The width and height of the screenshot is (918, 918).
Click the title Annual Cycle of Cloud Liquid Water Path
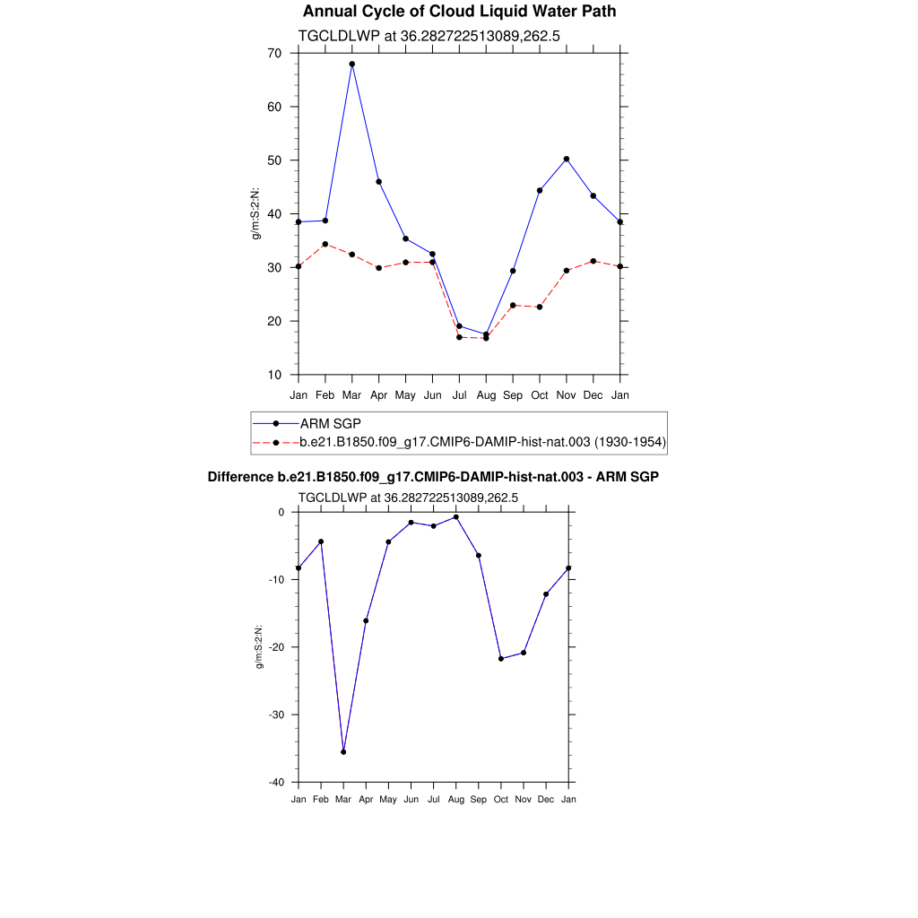(x=459, y=12)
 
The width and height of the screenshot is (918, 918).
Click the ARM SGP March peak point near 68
(x=352, y=65)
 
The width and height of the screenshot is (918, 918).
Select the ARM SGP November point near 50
(x=567, y=159)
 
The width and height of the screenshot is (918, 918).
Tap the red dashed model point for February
(x=325, y=245)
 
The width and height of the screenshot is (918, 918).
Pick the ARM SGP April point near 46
(x=379, y=182)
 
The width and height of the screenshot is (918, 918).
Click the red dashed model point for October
(x=540, y=307)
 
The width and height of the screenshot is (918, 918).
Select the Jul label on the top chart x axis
(x=459, y=394)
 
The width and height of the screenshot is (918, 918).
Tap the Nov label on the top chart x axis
(x=567, y=394)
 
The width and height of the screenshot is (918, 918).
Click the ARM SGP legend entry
(x=331, y=423)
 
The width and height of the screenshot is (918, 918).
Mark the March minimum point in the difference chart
(x=343, y=752)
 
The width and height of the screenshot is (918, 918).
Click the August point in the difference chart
(x=455, y=517)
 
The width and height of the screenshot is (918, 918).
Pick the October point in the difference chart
(x=501, y=659)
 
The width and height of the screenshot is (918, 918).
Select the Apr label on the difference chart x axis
(x=366, y=799)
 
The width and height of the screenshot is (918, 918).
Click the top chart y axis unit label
(x=255, y=213)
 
